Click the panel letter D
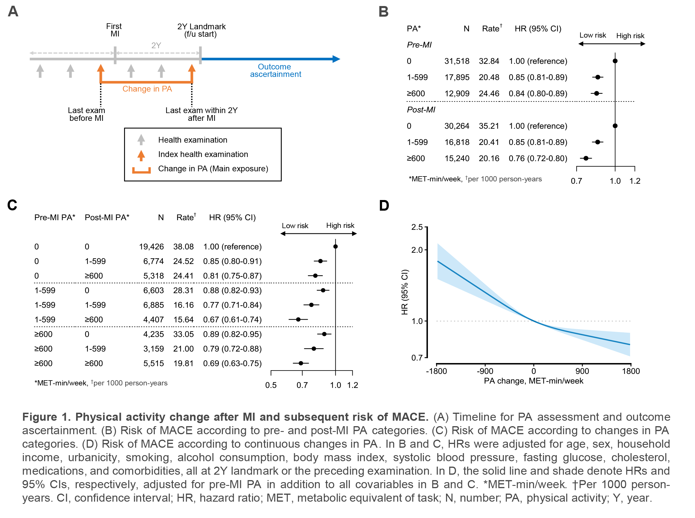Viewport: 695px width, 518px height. coord(384,205)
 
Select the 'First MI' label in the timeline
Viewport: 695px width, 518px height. coord(114,30)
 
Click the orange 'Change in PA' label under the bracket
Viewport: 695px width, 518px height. coord(147,89)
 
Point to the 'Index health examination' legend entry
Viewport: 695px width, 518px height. coord(203,154)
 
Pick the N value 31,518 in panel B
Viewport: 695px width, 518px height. coord(457,61)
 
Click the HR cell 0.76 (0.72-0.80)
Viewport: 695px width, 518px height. coord(538,158)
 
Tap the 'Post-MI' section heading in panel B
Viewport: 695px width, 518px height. coord(420,110)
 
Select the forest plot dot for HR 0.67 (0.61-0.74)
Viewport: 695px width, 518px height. coord(298,319)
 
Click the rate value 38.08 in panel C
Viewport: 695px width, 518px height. coord(183,247)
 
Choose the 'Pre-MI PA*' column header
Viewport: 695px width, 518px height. coord(55,217)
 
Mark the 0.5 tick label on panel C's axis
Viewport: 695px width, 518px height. coord(271,385)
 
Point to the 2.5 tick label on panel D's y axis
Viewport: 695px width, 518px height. coord(417,227)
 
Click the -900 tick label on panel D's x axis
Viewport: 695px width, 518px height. coord(485,371)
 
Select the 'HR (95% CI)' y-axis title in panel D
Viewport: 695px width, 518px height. coord(404,292)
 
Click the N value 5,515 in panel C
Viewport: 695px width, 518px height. coord(153,363)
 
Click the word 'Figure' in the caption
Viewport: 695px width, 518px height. coord(40,417)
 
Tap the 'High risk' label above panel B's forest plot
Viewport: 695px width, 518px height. coord(630,36)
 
